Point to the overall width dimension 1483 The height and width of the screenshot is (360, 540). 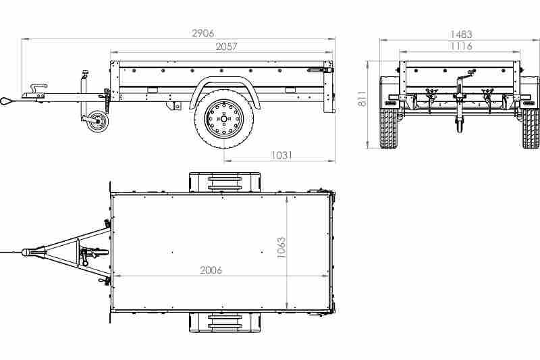[460, 34]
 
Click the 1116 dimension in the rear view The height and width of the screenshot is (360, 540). [460, 46]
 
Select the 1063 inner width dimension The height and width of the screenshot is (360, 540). [281, 249]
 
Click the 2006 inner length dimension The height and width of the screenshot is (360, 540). [211, 270]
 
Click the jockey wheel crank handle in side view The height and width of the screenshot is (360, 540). [84, 74]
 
